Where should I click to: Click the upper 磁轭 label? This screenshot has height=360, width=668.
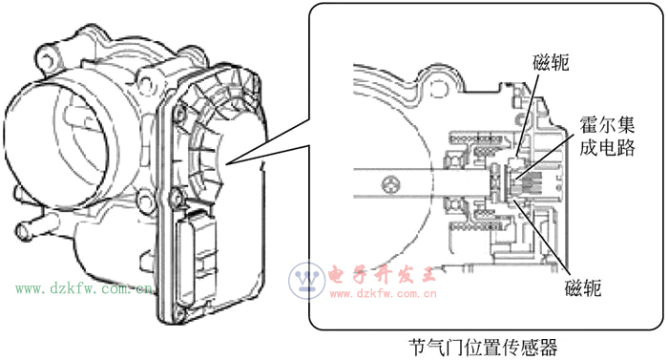point(551,63)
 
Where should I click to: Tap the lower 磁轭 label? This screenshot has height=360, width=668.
point(583,288)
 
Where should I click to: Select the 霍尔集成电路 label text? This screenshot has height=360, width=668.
point(607,137)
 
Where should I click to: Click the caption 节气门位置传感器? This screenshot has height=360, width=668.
point(483,348)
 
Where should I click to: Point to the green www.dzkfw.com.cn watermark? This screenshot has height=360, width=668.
point(84,289)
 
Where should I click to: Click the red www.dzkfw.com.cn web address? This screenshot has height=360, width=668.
point(383,293)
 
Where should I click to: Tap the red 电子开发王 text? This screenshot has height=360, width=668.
point(383,275)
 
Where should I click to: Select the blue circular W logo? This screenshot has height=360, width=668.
point(306,280)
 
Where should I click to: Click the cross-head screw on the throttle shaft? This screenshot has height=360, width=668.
point(390,184)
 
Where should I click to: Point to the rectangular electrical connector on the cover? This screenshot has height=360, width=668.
point(197,256)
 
